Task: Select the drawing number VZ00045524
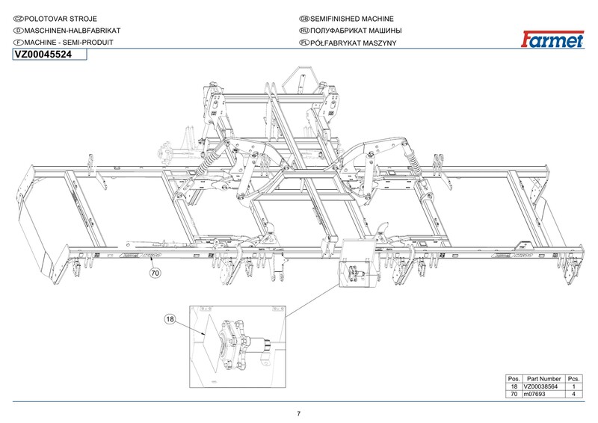pyautogui.click(x=44, y=55)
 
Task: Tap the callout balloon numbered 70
pyautogui.click(x=155, y=274)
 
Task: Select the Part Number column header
pyautogui.click(x=543, y=377)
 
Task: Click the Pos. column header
pyautogui.click(x=514, y=377)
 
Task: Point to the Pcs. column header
pyautogui.click(x=575, y=377)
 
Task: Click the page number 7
pyautogui.click(x=298, y=414)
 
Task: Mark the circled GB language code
pyautogui.click(x=303, y=17)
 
